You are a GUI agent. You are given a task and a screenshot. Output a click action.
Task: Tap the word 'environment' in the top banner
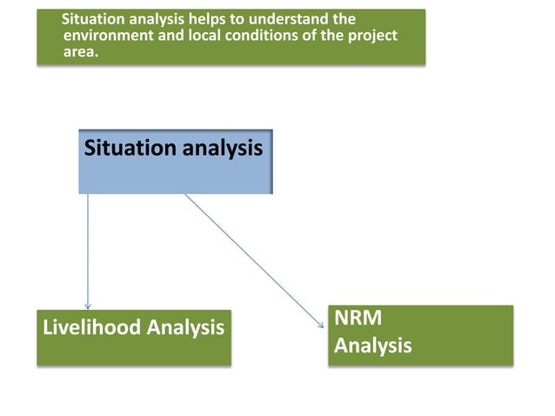click(x=106, y=36)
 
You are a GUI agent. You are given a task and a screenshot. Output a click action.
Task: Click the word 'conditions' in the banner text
click(x=254, y=36)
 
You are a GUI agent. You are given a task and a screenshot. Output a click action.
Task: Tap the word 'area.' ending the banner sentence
click(x=83, y=51)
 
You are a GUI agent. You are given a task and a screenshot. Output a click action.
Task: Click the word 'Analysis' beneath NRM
click(x=373, y=346)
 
